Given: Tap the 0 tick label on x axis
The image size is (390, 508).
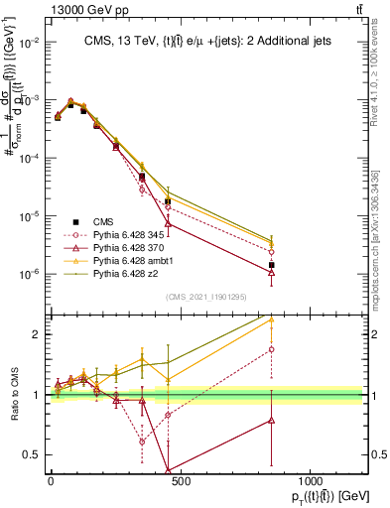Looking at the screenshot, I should pyautogui.click(x=51, y=481).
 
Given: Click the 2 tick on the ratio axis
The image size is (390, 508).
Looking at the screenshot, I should pyautogui.click(x=37, y=334).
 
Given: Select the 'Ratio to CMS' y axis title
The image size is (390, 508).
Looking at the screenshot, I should pyautogui.click(x=12, y=394).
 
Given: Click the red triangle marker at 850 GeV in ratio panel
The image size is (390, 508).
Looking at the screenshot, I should pyautogui.click(x=272, y=421).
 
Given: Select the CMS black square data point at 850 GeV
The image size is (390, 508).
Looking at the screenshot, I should pyautogui.click(x=272, y=265).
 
